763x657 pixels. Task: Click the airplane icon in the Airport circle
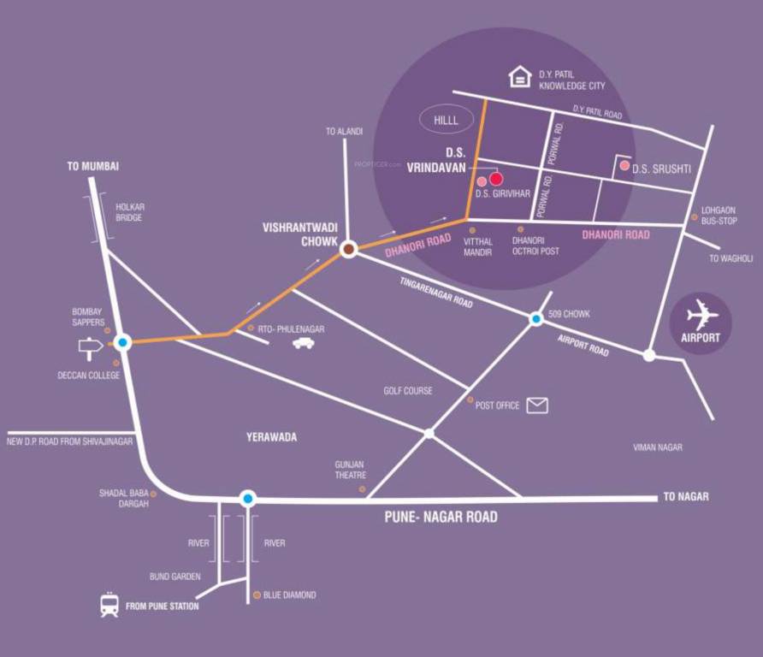tap(702, 315)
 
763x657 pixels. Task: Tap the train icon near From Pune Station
tap(109, 606)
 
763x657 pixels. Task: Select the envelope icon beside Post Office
tap(537, 405)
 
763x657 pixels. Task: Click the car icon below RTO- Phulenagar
tap(303, 343)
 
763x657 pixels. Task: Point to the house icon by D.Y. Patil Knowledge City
tap(519, 78)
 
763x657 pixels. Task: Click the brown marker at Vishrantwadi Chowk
tap(348, 249)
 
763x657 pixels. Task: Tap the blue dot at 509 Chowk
tap(535, 319)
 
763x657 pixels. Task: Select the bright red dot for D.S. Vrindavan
tap(495, 179)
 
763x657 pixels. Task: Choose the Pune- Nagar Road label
tap(441, 518)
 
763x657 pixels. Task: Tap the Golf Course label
tap(407, 391)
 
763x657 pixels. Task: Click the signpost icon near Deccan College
tap(90, 346)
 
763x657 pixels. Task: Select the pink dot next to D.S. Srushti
tap(624, 165)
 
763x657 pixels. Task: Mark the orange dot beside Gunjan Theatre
tap(363, 489)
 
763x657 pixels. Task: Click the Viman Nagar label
tap(657, 447)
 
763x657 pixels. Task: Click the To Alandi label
tap(344, 132)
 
